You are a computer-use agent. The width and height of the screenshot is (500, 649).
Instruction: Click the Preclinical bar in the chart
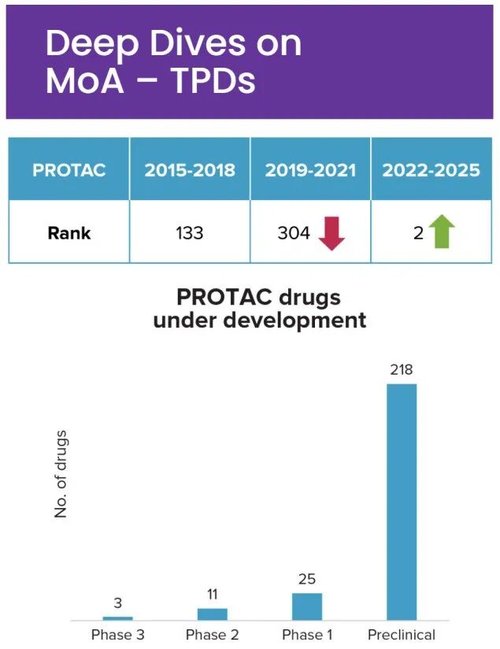tap(402, 502)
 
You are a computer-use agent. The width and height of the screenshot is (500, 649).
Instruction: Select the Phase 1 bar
tap(307, 606)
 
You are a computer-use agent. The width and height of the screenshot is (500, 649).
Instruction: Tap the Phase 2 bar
tap(213, 614)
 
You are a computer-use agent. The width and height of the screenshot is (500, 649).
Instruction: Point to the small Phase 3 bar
tap(117, 618)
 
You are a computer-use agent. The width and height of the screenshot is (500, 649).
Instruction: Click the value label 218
tap(402, 370)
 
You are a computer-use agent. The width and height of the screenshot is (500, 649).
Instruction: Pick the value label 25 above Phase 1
tap(307, 580)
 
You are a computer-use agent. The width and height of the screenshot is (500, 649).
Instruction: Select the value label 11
tap(213, 595)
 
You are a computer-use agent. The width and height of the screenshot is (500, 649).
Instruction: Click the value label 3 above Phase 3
tap(117, 603)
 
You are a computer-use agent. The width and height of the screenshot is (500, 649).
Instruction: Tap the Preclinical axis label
tap(402, 635)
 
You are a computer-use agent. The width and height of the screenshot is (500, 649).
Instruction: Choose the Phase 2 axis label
tap(213, 635)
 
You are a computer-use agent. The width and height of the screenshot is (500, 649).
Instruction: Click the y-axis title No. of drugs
tap(61, 474)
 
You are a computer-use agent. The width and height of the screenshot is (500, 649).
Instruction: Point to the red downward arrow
tap(331, 232)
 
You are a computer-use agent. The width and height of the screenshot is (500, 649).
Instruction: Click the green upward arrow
tap(442, 232)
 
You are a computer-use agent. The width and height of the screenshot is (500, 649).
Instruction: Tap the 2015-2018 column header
tap(190, 170)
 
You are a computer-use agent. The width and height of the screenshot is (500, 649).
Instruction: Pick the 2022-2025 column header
tap(431, 170)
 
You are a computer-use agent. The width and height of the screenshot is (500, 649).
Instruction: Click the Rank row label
tap(69, 232)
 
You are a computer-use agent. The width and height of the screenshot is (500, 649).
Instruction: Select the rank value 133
tap(189, 232)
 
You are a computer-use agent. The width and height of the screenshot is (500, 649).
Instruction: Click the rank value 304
tap(292, 232)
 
